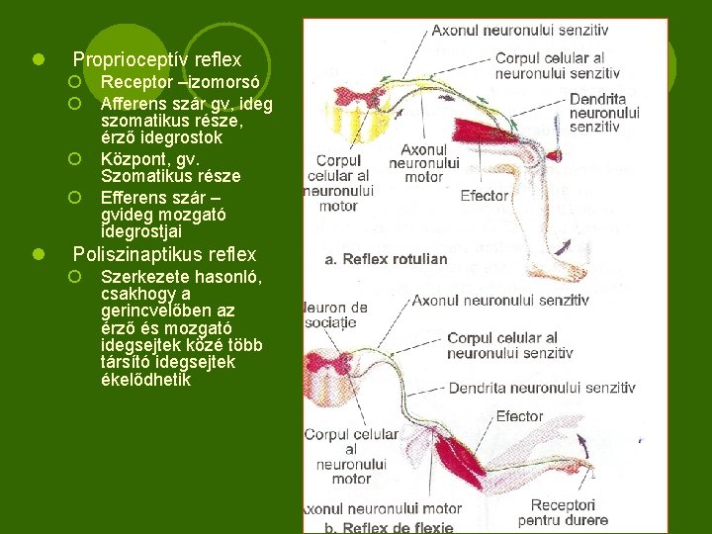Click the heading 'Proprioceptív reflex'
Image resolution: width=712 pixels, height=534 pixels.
(156, 59)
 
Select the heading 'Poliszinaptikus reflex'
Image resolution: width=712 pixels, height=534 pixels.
(164, 254)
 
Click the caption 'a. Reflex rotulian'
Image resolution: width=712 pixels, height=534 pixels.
(386, 259)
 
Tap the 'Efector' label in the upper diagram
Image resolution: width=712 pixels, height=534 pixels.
(484, 196)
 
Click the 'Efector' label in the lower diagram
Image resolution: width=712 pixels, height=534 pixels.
(519, 416)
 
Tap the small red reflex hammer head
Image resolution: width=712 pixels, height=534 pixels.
(554, 156)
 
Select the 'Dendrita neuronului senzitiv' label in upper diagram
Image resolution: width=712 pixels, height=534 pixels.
(603, 113)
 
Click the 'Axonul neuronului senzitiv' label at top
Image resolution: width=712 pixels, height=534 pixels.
(519, 31)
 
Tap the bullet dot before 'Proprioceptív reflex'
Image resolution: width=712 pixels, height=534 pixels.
(37, 60)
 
